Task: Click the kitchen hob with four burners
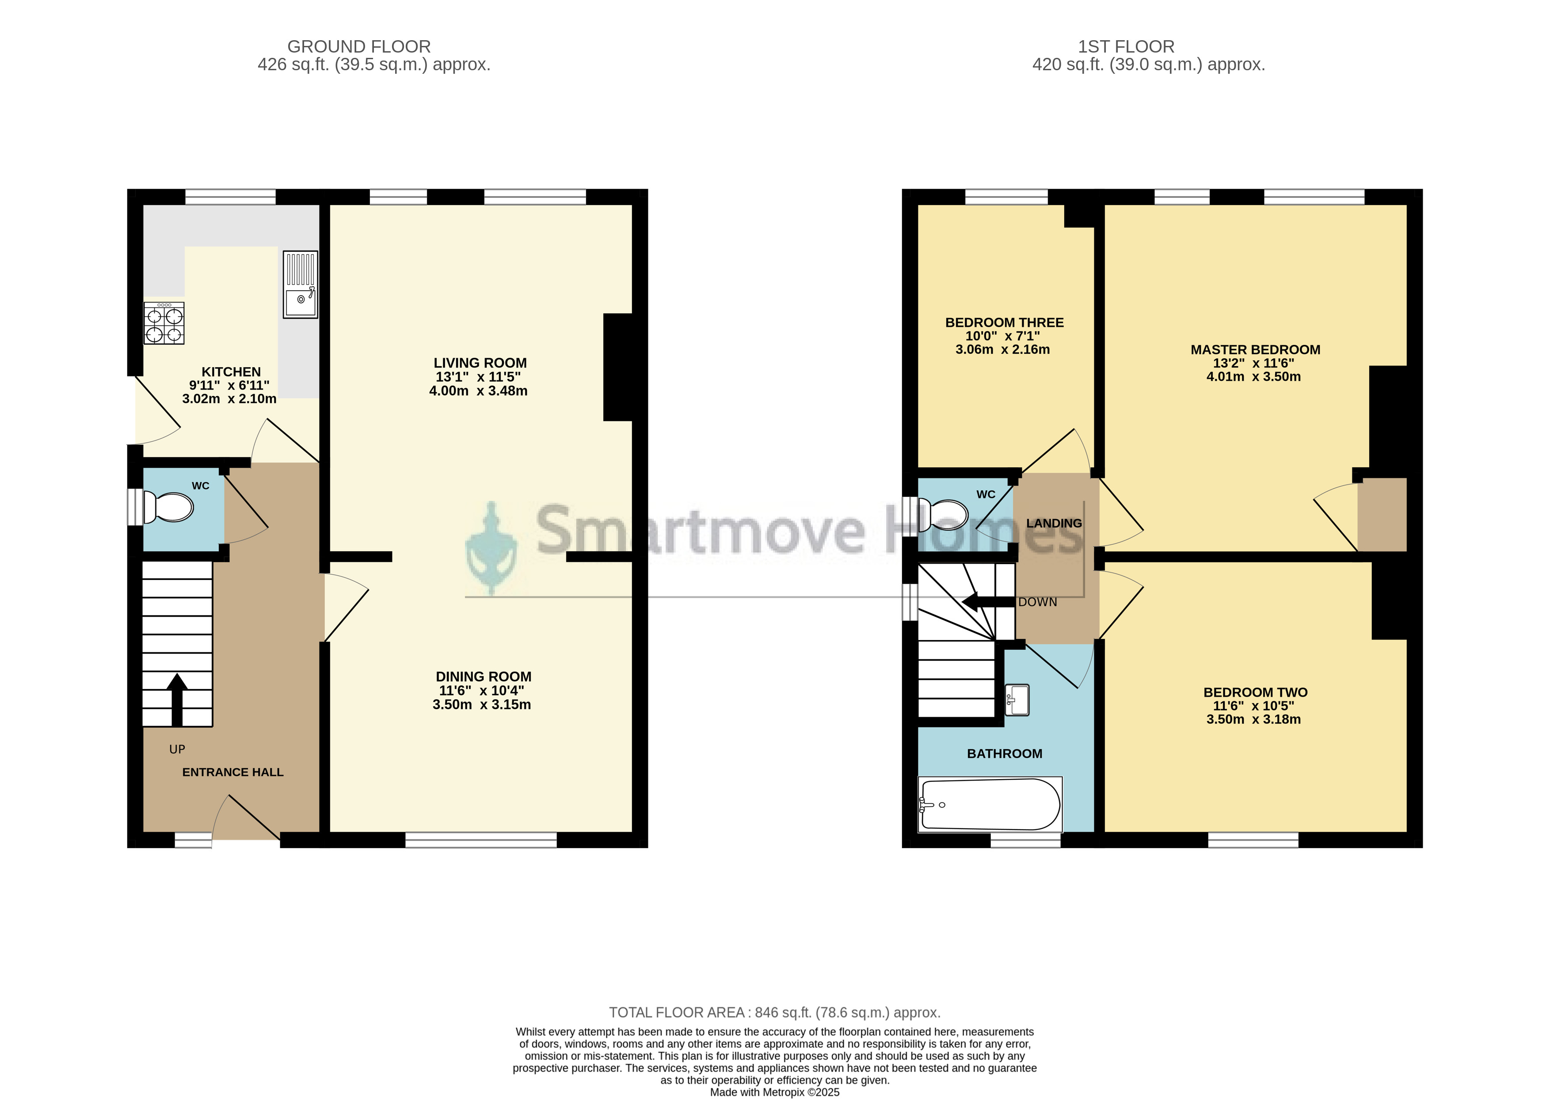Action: tap(164, 323)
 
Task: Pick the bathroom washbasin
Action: tap(1017, 700)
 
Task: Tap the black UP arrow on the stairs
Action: tap(177, 699)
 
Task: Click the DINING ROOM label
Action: tap(484, 677)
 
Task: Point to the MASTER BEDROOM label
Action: tap(1256, 350)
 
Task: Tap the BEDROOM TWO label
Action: tap(1256, 692)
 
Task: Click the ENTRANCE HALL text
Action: tap(233, 772)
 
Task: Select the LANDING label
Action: tap(1054, 523)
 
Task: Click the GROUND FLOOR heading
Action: tap(359, 47)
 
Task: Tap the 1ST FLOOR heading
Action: tap(1126, 47)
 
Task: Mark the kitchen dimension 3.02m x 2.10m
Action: tap(229, 398)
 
